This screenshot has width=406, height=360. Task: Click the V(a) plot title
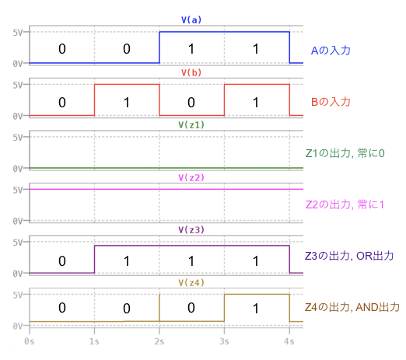191,20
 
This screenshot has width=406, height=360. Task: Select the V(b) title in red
191,72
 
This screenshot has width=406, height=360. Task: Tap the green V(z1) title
191,125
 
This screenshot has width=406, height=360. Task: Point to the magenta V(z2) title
191,177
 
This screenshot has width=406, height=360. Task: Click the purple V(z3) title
191,230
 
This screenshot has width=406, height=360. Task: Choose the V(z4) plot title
191,282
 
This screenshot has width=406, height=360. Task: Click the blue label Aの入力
331,51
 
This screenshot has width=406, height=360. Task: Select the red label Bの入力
331,102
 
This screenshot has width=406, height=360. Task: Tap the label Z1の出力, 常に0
345,153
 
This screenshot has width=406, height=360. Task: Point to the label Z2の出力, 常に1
345,204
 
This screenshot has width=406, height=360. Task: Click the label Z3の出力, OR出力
349,256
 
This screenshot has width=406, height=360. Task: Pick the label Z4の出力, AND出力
352,307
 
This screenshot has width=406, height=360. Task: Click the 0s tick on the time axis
30,341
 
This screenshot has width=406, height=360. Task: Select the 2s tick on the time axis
159,341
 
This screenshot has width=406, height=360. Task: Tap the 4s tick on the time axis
289,341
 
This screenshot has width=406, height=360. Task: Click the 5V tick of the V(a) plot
18,33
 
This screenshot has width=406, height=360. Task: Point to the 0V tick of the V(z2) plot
18,221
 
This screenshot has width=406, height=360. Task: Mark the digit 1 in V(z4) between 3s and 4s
256,309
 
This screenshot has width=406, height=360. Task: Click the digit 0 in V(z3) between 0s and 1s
62,261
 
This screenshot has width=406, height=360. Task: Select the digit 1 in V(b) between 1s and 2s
127,103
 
